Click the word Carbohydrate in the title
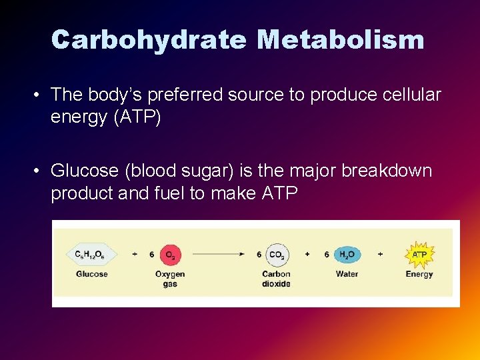tap(149, 39)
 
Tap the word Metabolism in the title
tap(341, 39)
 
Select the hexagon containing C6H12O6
tap(91, 254)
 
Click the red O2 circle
tap(170, 254)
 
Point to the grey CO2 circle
tap(276, 254)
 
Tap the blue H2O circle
tap(347, 254)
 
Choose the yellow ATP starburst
tap(419, 254)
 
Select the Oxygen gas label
tap(170, 279)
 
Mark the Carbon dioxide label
tap(276, 279)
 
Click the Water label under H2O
tap(347, 274)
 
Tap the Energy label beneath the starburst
tap(419, 274)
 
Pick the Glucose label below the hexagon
tap(92, 274)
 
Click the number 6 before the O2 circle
tap(152, 254)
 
